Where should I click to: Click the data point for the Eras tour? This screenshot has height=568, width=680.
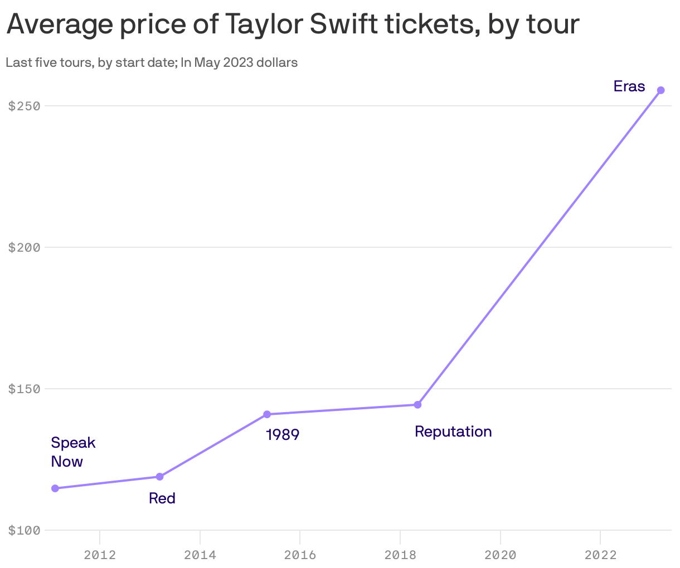pos(660,90)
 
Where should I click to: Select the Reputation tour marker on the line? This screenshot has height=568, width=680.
pos(417,404)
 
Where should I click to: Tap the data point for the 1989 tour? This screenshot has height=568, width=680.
pos(267,414)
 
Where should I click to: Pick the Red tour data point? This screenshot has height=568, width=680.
pos(159,477)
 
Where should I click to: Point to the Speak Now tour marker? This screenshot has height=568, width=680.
pos(55,488)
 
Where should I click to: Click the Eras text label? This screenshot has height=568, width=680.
pos(629,86)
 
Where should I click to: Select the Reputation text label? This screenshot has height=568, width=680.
pos(453,432)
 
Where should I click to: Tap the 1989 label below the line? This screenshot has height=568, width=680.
pos(283,434)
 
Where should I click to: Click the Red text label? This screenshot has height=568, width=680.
pos(162,498)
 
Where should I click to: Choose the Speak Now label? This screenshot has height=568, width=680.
pos(72,452)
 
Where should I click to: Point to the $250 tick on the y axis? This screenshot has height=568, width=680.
pos(25,106)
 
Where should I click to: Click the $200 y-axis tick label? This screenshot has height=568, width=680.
pos(25,247)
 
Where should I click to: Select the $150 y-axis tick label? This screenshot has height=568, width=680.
pos(25,389)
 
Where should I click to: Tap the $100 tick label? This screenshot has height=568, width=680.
pos(25,530)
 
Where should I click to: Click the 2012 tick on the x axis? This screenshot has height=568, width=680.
pos(100,555)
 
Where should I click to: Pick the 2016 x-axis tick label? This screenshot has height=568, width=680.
pos(300,555)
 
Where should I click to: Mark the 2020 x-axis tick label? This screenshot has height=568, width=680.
pos(501,555)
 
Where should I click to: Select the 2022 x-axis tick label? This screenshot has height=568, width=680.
pos(600,555)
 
